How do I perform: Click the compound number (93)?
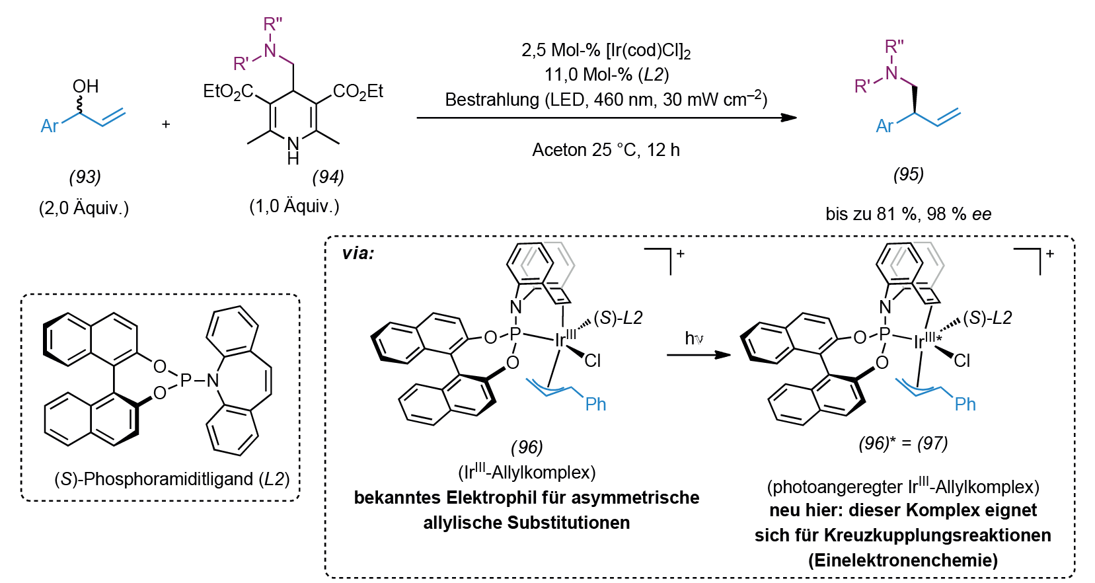click(x=85, y=177)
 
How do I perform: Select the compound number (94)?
click(x=328, y=177)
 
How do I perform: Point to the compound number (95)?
click(x=908, y=174)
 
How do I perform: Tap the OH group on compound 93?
click(x=85, y=86)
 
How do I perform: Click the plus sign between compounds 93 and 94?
click(x=167, y=124)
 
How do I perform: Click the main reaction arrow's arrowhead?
click(x=788, y=118)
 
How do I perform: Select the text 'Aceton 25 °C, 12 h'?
click(x=606, y=149)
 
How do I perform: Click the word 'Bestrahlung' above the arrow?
click(x=492, y=100)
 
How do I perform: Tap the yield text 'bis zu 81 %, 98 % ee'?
click(x=908, y=214)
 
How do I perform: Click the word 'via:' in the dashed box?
click(x=358, y=253)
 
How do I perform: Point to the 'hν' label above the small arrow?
click(x=694, y=338)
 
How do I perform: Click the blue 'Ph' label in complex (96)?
click(x=595, y=404)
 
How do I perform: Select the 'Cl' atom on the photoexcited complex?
click(x=962, y=360)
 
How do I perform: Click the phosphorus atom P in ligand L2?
click(x=185, y=379)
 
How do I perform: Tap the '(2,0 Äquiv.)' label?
click(x=84, y=208)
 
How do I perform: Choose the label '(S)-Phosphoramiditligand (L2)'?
click(x=172, y=479)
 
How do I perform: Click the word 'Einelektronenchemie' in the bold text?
click(x=903, y=561)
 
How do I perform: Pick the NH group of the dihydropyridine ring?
click(x=293, y=151)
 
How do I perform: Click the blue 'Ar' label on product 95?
click(x=884, y=126)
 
